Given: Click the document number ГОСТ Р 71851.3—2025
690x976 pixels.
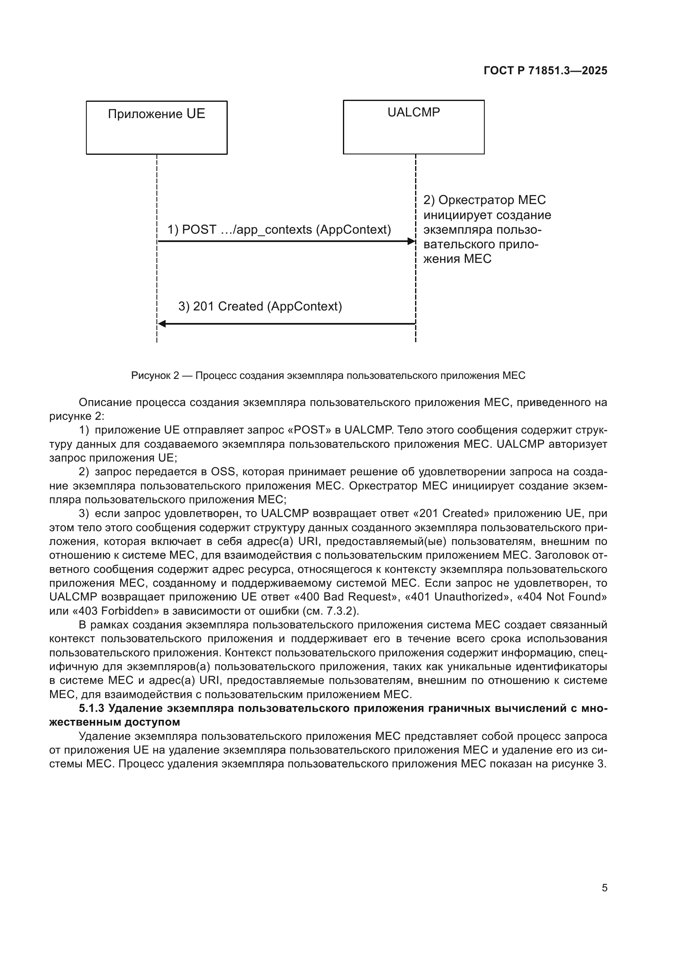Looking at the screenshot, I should click(x=545, y=71).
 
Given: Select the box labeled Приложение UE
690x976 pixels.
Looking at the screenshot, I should click(x=156, y=127).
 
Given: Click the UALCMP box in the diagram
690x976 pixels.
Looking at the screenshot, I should click(x=413, y=127).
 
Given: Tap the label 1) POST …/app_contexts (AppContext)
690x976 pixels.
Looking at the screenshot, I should click(x=279, y=229).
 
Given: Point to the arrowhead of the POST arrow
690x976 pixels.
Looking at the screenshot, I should click(x=411, y=242).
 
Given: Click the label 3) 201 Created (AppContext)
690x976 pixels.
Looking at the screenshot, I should click(x=260, y=306).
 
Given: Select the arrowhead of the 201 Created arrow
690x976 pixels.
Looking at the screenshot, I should click(x=162, y=324).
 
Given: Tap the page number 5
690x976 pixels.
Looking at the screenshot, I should click(x=604, y=888).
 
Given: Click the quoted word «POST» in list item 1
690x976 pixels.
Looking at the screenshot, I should click(x=309, y=430).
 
